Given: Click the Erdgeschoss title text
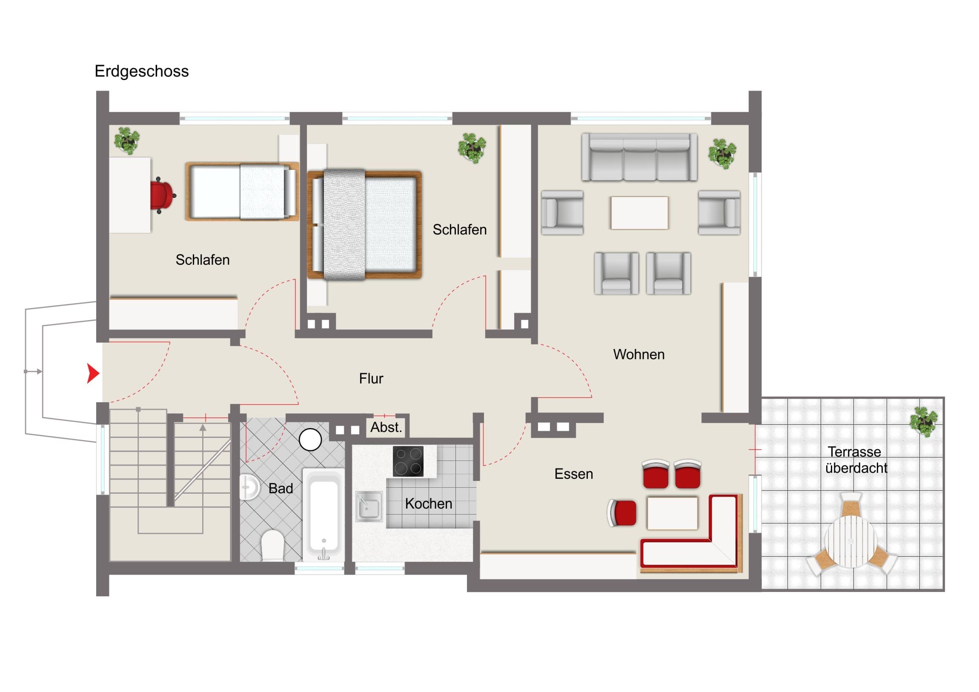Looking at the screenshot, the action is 142,71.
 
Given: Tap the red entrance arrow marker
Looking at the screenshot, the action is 93,374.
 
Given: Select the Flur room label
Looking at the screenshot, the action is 371,379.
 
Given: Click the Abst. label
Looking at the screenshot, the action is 386,427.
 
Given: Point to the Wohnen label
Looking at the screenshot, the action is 639,355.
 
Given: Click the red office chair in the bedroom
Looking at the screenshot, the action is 163,195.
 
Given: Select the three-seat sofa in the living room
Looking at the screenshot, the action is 640,157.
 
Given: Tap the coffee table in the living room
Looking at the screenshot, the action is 639,213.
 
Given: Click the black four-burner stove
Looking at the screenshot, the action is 408,461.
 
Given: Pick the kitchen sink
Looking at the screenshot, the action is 369,506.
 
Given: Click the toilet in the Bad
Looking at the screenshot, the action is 272,545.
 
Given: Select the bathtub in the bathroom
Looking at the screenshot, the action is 323,515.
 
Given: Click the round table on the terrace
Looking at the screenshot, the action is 850,541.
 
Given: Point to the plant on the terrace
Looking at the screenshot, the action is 923,421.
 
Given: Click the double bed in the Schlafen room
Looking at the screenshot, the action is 364,225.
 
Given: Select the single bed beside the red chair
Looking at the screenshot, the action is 242,192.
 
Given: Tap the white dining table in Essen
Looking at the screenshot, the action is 673,513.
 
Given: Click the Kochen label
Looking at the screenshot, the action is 429,503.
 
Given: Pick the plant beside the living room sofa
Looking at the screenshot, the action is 722,154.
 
